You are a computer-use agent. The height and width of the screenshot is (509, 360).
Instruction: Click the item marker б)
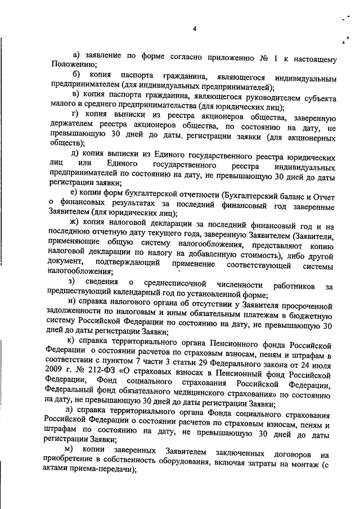pyautogui.click(x=76, y=75)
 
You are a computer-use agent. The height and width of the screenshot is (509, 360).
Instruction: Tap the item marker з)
pyautogui.click(x=71, y=281)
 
